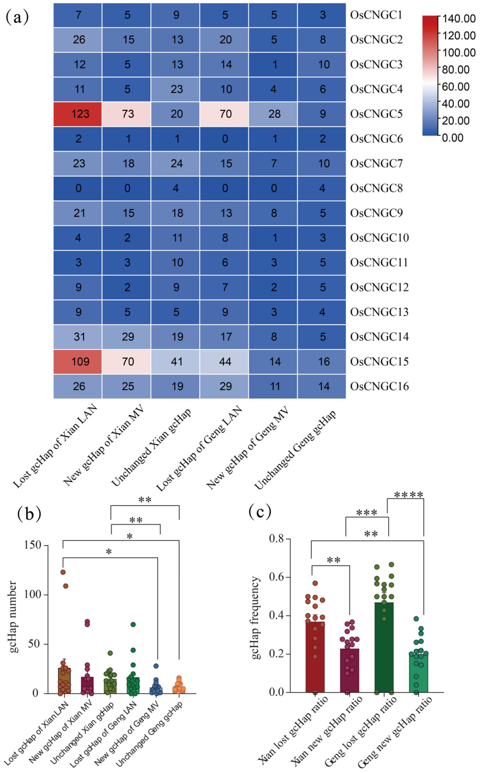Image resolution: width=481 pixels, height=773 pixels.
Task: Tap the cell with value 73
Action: [x=127, y=114]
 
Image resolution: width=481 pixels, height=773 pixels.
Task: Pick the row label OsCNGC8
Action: [x=376, y=188]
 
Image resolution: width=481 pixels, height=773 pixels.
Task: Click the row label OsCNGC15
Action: [x=379, y=362]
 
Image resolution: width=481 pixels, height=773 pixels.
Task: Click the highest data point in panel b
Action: [x=63, y=572]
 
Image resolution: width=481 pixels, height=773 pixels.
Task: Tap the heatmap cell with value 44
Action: [x=225, y=362]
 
